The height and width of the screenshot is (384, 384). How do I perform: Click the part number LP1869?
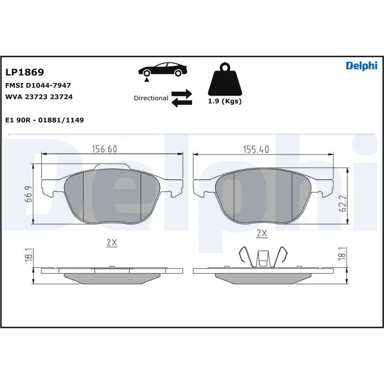(24, 72)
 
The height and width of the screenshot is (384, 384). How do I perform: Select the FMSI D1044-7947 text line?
(38, 85)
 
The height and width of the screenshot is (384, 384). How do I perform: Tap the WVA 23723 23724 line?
(38, 96)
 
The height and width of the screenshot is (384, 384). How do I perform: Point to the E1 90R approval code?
(44, 120)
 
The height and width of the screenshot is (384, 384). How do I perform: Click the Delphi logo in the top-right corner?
(361, 66)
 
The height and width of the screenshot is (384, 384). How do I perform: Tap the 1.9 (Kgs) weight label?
(224, 101)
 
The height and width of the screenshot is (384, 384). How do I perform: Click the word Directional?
(151, 98)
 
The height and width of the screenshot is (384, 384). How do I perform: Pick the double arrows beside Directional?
(182, 97)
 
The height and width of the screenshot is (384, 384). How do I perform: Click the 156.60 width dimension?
(105, 149)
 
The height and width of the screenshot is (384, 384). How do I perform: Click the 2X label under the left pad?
(111, 243)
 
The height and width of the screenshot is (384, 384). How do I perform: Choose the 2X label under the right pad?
(262, 234)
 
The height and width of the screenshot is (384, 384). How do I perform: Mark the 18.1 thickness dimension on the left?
(29, 255)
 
